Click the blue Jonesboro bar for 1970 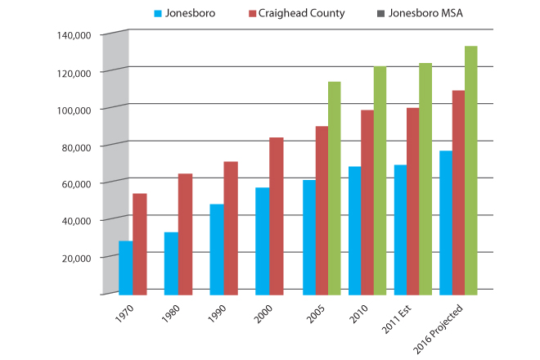(x=125, y=268)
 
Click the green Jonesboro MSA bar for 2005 (x=334, y=188)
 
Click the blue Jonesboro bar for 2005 (x=308, y=237)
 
